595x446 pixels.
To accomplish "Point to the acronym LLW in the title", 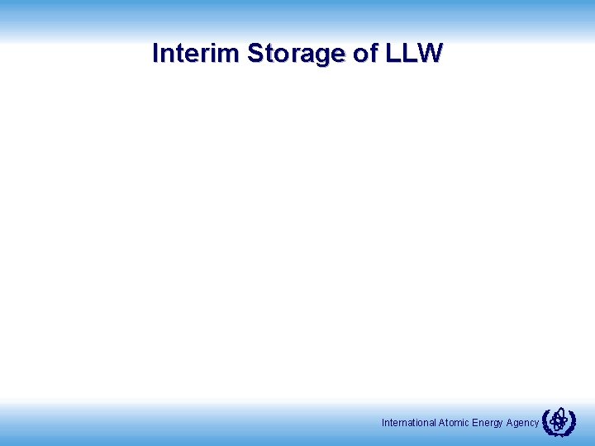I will tap(415, 54).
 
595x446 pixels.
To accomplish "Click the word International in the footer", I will tap(409, 423).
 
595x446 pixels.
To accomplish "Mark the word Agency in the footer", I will tap(522, 423).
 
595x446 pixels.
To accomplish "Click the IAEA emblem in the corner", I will tap(559, 422).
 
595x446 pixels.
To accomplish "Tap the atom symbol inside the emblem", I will tap(559, 420).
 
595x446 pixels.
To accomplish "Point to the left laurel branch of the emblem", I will tap(547, 423).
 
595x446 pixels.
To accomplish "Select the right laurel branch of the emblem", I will tap(571, 423).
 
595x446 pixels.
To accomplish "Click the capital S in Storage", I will tap(255, 54).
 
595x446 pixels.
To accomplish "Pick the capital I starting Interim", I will tap(156, 54).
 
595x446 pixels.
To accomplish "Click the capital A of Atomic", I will tap(442, 423).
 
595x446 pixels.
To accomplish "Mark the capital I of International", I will tap(383, 423).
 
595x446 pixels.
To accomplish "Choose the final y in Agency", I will tap(536, 425).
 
